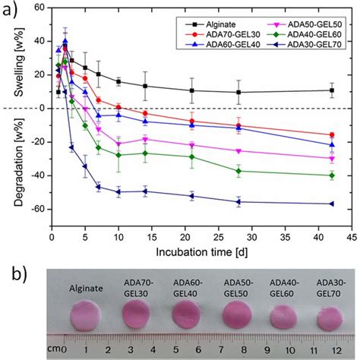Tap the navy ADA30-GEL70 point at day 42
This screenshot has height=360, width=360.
[331, 204]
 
